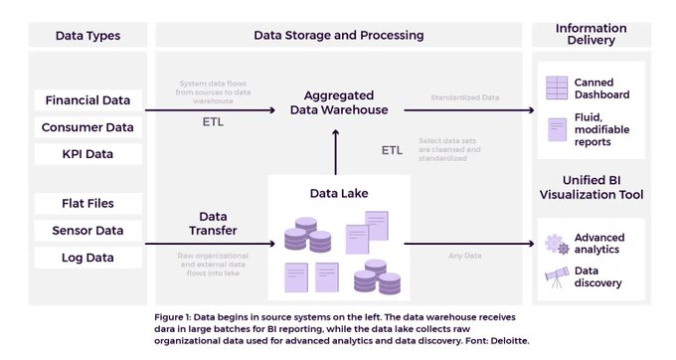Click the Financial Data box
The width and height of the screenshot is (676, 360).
click(88, 99)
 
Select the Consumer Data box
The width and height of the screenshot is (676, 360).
click(88, 127)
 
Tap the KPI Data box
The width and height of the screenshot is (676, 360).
click(88, 154)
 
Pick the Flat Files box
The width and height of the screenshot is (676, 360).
click(88, 203)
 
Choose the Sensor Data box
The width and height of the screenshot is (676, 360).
click(88, 231)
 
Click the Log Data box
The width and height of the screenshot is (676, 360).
click(88, 258)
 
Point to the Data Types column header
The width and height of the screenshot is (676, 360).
click(88, 36)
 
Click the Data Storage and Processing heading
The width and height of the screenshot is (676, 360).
click(338, 36)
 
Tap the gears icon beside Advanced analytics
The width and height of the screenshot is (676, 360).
click(556, 245)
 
